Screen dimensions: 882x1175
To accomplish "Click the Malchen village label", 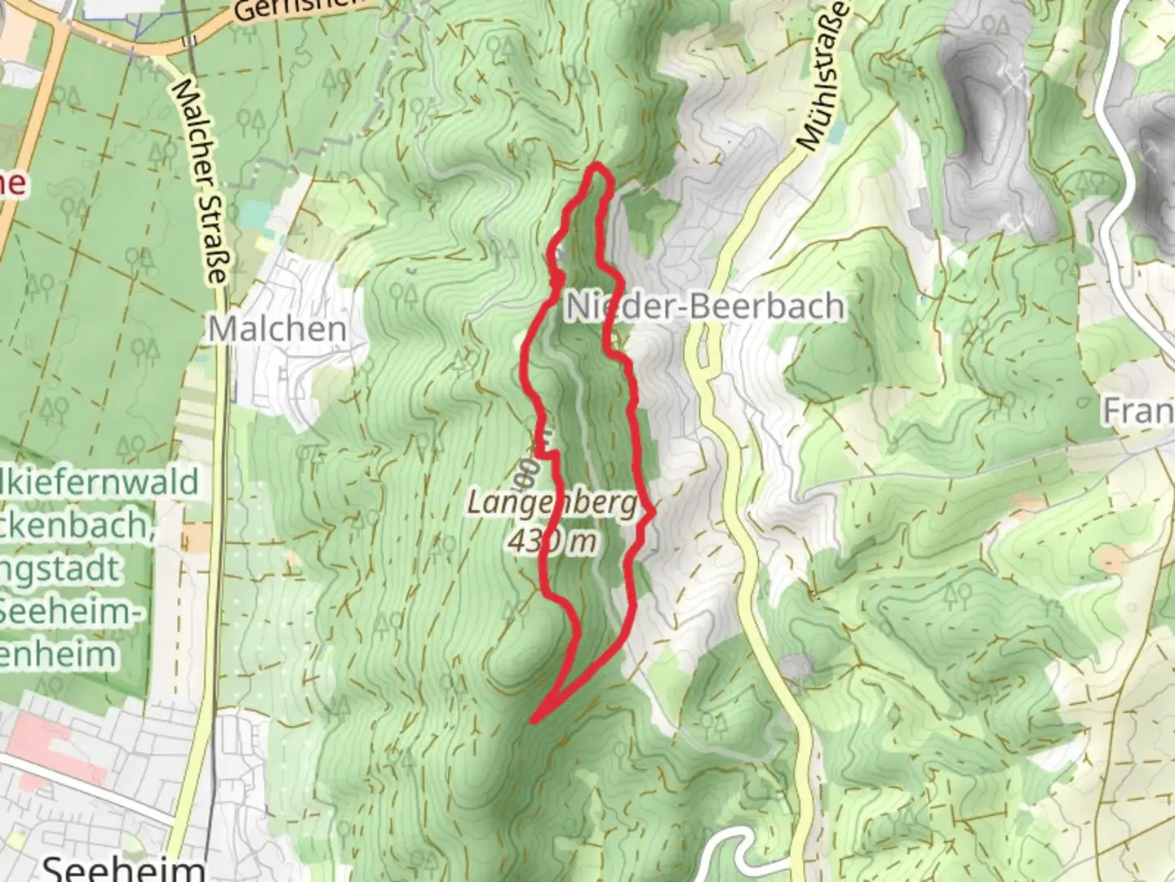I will (x=277, y=329).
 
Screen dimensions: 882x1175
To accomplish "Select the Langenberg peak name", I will (x=552, y=504).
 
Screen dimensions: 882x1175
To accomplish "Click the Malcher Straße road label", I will (x=199, y=182).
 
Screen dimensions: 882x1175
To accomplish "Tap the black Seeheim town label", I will (x=122, y=867).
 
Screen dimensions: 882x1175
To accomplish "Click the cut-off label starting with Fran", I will (x=1138, y=411).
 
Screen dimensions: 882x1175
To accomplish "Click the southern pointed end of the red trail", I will (x=533, y=721).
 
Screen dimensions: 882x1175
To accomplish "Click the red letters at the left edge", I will (x=11, y=183).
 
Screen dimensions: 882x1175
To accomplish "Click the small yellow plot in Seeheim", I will (x=197, y=537).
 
